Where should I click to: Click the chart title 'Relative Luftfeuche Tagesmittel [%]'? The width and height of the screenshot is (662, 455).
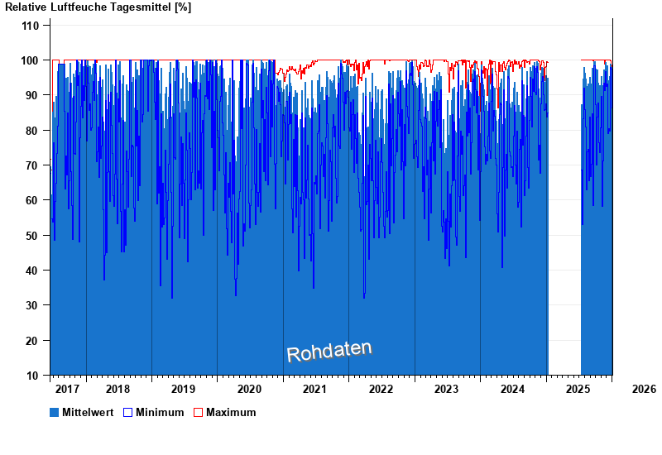pos(98,7)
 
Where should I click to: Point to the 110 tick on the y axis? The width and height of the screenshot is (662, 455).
pos(30,26)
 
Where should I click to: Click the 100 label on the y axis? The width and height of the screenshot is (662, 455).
pos(30,60)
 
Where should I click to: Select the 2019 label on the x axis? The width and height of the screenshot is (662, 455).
pos(183,389)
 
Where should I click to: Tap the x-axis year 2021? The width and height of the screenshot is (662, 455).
pos(314,389)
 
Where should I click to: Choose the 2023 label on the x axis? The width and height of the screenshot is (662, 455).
pos(446,389)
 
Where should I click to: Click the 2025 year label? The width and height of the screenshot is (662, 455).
pos(578,389)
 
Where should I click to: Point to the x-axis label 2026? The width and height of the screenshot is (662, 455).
pos(643,389)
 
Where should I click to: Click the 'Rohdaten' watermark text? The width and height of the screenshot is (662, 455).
pos(329,352)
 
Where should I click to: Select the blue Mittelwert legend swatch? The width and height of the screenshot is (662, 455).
pos(55,412)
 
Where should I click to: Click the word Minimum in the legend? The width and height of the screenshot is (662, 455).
pos(160,412)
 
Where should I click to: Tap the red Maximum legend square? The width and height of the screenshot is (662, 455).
pos(199,412)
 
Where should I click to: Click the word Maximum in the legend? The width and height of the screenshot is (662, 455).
pos(231,412)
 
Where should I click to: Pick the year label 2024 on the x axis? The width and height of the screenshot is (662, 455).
pos(512,389)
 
